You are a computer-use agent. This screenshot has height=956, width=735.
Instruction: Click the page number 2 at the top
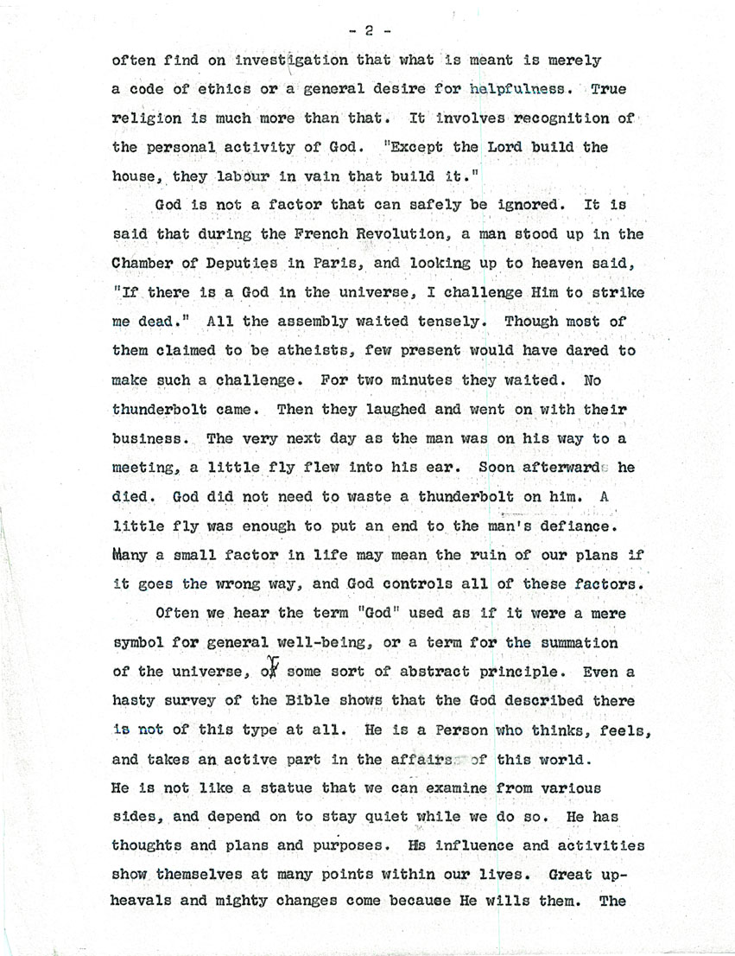coord(368,32)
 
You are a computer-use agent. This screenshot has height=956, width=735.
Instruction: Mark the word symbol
coord(141,644)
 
